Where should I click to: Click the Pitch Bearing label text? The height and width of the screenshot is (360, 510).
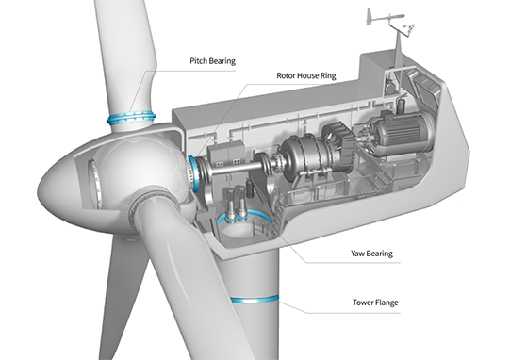tap(212, 61)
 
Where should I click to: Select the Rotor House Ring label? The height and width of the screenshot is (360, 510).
tap(306, 75)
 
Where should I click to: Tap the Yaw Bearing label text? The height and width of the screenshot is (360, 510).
tap(371, 254)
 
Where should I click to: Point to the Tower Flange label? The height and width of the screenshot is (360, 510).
tap(375, 303)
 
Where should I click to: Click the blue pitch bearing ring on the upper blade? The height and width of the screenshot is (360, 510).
tap(131, 119)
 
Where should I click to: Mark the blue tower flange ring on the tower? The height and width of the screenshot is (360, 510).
tap(255, 300)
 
